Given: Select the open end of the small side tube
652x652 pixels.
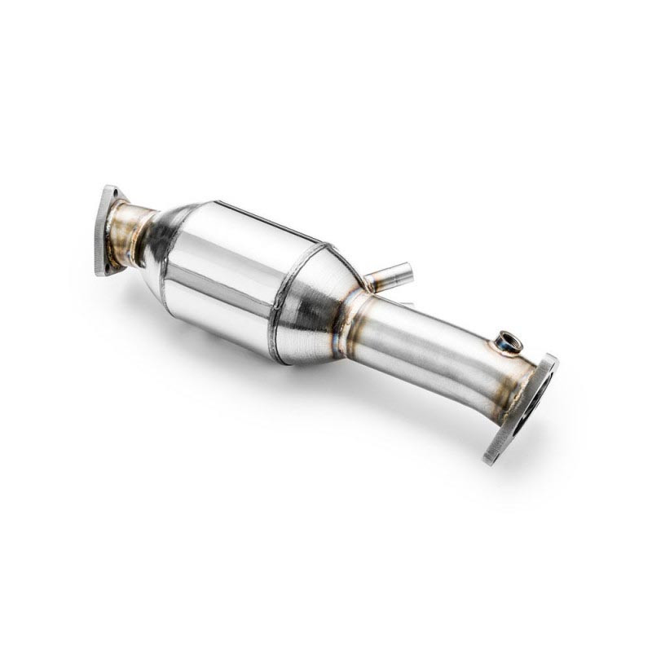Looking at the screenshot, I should pos(405,268).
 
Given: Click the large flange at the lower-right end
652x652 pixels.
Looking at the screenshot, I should pos(522,407).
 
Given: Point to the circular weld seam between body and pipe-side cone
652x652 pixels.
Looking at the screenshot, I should pos(285,302).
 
